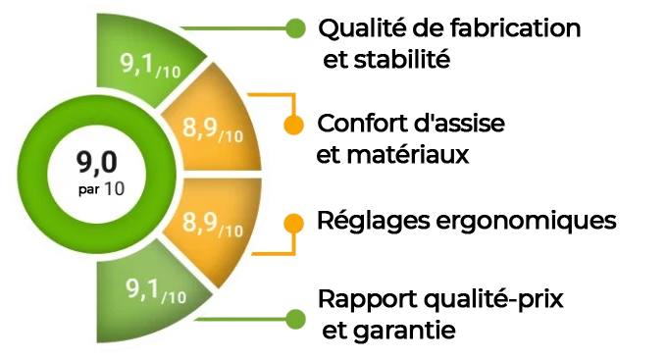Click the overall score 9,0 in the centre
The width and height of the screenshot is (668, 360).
click(x=97, y=162)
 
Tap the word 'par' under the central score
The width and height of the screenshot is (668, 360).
click(x=89, y=189)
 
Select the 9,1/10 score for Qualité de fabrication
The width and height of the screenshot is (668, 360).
click(x=150, y=66)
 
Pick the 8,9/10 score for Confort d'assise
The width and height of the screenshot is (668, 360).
click(x=213, y=129)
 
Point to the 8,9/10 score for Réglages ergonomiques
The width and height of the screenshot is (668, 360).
click(x=213, y=224)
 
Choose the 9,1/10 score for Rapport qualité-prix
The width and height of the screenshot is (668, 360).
click(x=156, y=291)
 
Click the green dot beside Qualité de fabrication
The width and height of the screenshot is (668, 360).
click(x=295, y=28)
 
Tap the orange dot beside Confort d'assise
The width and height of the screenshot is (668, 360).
click(x=294, y=126)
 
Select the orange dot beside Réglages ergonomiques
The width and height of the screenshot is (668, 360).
click(x=294, y=224)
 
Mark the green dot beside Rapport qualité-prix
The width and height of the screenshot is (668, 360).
click(x=295, y=319)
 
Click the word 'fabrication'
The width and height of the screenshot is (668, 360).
click(x=515, y=28)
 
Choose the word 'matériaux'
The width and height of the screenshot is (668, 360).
click(x=408, y=154)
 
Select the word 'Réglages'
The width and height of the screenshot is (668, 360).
click(x=373, y=222)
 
